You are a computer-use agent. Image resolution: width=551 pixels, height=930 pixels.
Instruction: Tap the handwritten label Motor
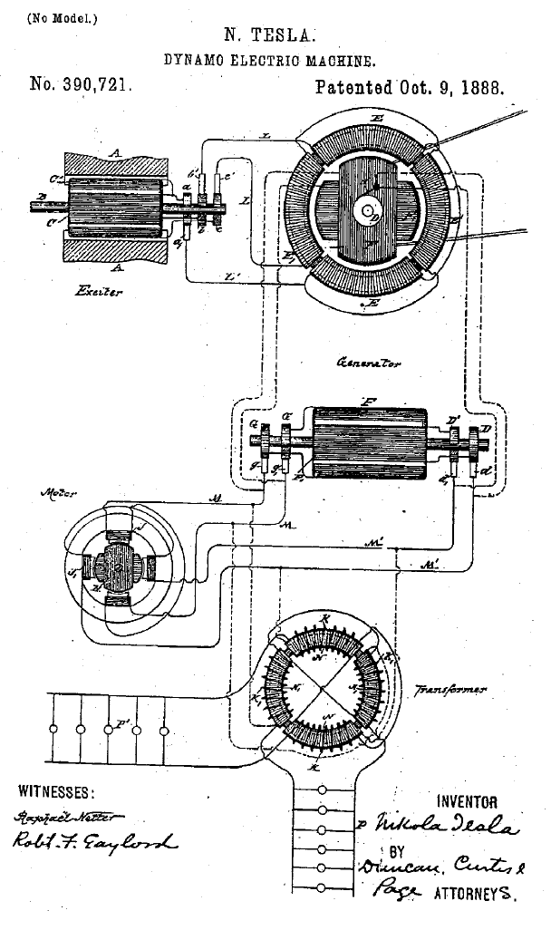[x=57, y=495]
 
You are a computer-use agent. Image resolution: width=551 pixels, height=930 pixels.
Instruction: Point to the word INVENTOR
[x=467, y=801]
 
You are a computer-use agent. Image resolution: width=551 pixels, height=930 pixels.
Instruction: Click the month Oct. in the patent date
[x=411, y=88]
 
